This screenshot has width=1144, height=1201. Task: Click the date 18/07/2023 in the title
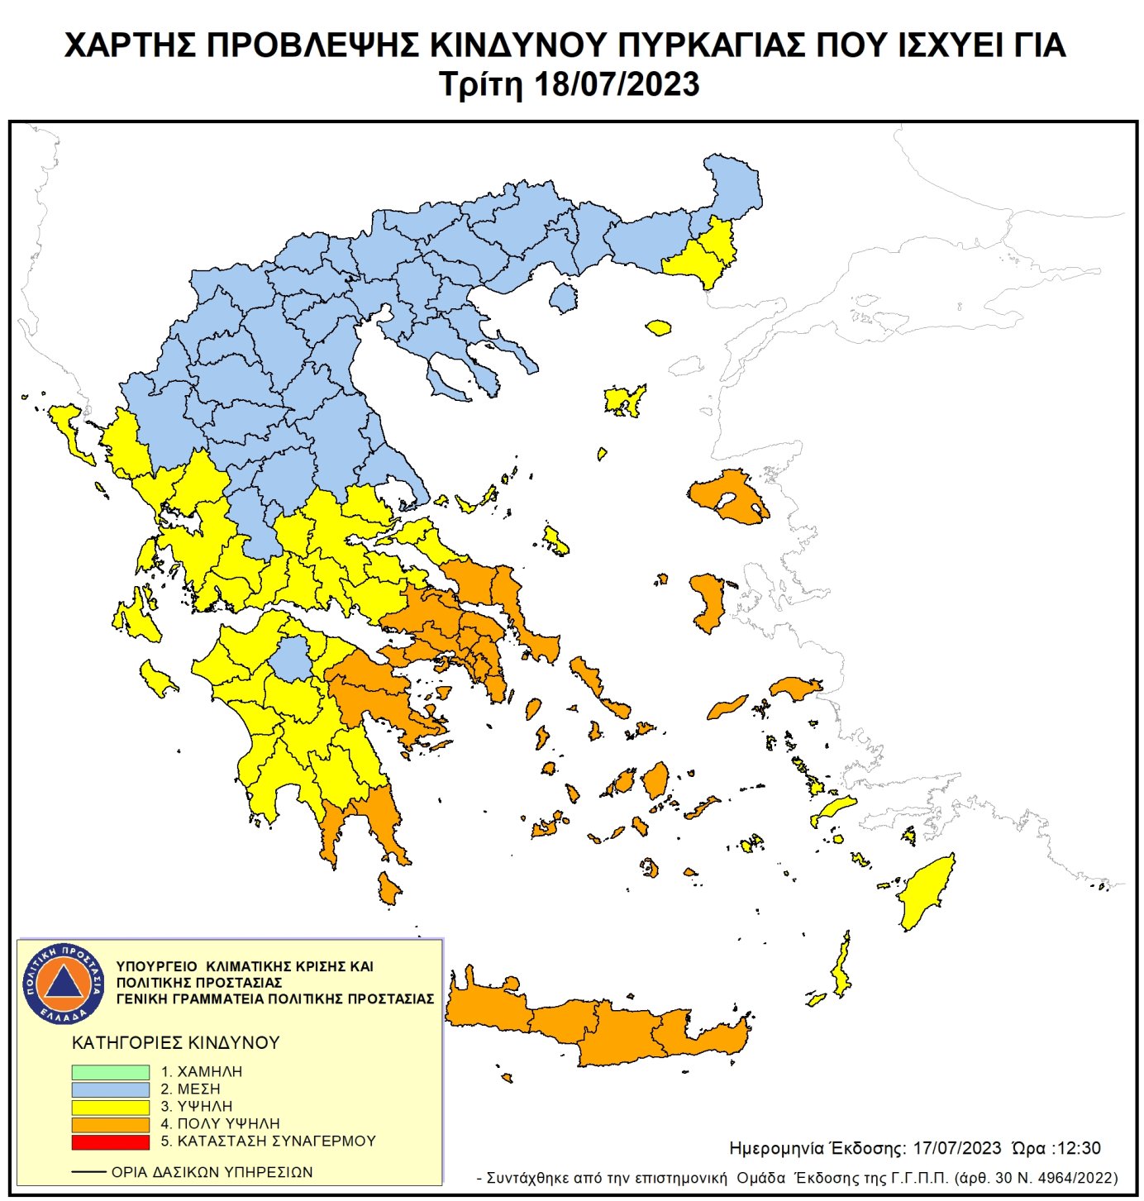click(x=617, y=85)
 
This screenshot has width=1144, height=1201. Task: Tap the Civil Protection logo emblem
click(x=64, y=983)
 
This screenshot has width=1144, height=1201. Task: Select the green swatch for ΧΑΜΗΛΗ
click(x=110, y=1072)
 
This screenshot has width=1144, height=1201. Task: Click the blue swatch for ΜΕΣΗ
click(x=110, y=1089)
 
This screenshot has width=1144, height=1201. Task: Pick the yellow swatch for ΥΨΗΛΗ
click(x=110, y=1107)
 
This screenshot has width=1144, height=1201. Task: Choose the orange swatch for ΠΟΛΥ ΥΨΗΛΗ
click(x=110, y=1124)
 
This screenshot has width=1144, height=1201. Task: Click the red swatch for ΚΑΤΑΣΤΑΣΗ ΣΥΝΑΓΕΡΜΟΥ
click(x=110, y=1141)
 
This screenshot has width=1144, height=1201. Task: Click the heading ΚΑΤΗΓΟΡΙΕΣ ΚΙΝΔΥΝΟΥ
click(x=175, y=1043)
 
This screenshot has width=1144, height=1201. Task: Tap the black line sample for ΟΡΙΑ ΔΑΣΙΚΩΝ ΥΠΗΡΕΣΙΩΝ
click(x=88, y=1172)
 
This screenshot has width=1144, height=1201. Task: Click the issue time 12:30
click(x=1078, y=1148)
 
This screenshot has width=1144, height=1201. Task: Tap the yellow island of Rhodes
click(x=927, y=893)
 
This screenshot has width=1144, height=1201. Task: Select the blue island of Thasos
click(x=564, y=298)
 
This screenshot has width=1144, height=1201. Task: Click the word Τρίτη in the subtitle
click(x=481, y=85)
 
